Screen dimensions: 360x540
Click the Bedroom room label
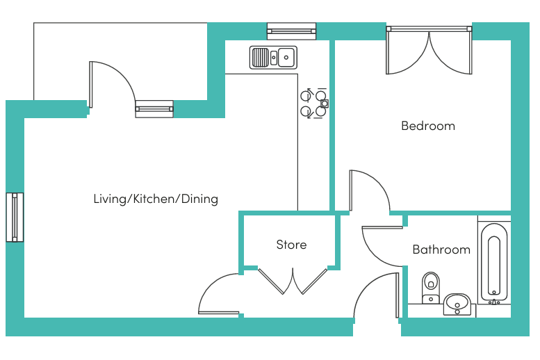click(x=428, y=126)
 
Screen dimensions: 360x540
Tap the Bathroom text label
click(x=441, y=249)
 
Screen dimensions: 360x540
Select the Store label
click(x=291, y=245)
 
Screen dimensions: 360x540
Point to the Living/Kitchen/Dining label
click(x=156, y=199)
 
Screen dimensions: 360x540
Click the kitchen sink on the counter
click(x=273, y=57)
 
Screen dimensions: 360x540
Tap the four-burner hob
click(x=313, y=103)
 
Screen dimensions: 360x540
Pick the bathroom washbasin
click(x=457, y=303)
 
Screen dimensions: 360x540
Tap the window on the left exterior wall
click(x=15, y=218)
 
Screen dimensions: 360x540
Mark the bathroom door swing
click(x=381, y=245)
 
